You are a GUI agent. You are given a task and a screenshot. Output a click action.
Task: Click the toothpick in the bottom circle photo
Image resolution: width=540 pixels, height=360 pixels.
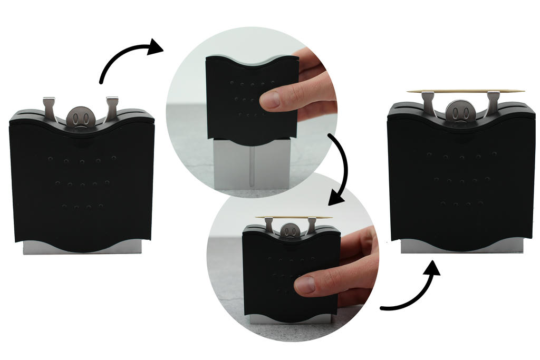[293, 217]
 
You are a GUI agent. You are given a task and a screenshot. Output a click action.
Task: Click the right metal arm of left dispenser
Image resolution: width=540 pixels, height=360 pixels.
[112, 108]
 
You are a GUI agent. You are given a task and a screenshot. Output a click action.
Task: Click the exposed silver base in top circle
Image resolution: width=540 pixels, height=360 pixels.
[232, 163]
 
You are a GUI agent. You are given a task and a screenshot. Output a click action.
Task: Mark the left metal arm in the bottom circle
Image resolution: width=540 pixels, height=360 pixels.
[269, 226]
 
